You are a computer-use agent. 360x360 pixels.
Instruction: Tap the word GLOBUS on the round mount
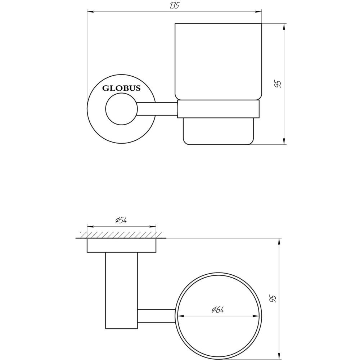tap(122, 88)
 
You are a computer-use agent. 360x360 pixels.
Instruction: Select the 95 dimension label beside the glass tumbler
tap(278, 84)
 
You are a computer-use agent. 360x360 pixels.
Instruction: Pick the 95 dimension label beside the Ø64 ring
tap(273, 298)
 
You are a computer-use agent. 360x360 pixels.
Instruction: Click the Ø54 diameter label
tap(122, 221)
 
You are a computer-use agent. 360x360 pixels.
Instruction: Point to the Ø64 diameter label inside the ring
tap(218, 310)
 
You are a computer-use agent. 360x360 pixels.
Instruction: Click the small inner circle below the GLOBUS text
tap(121, 109)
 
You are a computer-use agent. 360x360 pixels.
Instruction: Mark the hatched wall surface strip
tap(121, 235)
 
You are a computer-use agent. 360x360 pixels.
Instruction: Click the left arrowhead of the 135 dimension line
tap(90, 12)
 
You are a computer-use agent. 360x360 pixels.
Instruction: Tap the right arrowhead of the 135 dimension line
tap(259, 12)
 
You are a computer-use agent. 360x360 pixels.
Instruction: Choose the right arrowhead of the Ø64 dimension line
tap(256, 316)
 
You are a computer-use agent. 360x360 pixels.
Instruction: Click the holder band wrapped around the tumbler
tap(219, 109)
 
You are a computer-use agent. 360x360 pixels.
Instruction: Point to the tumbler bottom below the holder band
tap(219, 131)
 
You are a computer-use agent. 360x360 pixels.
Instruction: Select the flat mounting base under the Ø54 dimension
tap(122, 245)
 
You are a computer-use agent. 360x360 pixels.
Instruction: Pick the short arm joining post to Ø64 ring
tap(157, 316)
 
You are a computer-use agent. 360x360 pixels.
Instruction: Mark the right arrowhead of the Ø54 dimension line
tap(154, 227)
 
